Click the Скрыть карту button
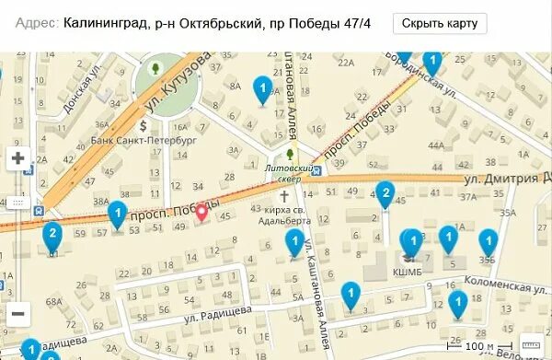click(440, 24)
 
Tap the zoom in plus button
click(18, 158)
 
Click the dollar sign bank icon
click(144, 123)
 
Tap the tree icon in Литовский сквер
click(290, 155)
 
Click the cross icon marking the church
click(284, 197)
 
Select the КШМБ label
click(407, 273)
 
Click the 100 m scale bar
click(472, 347)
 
